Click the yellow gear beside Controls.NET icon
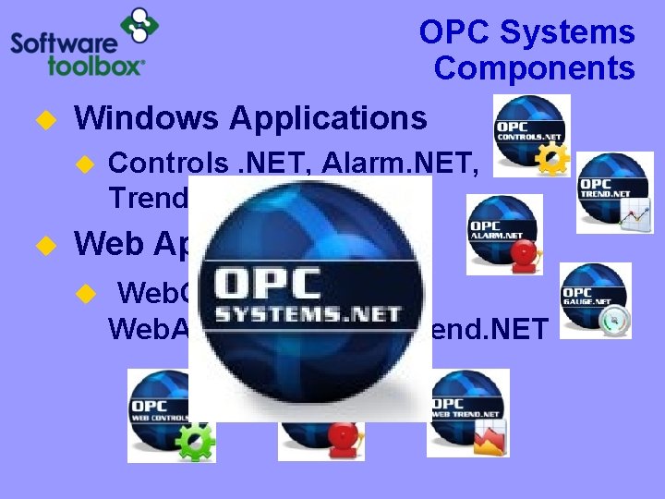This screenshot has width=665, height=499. [x=551, y=159]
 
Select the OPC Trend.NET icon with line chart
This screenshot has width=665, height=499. [x=614, y=192]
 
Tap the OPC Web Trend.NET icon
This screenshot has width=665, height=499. [x=467, y=411]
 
